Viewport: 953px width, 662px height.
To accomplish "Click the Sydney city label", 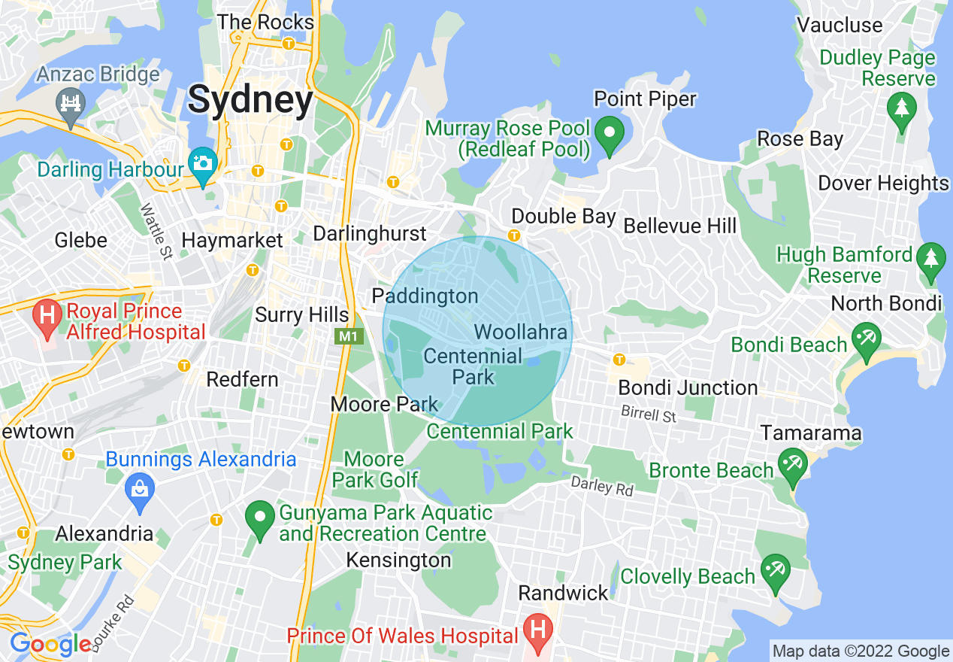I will click(250, 100).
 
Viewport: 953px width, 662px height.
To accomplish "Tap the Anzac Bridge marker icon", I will click(71, 102).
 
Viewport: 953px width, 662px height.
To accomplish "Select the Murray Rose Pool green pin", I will click(610, 134).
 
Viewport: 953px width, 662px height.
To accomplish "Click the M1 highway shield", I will click(348, 336).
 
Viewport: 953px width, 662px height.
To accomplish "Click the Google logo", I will click(51, 645).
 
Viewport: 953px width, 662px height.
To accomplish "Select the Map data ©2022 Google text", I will click(861, 651).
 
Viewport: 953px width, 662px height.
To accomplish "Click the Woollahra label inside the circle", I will click(521, 331).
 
